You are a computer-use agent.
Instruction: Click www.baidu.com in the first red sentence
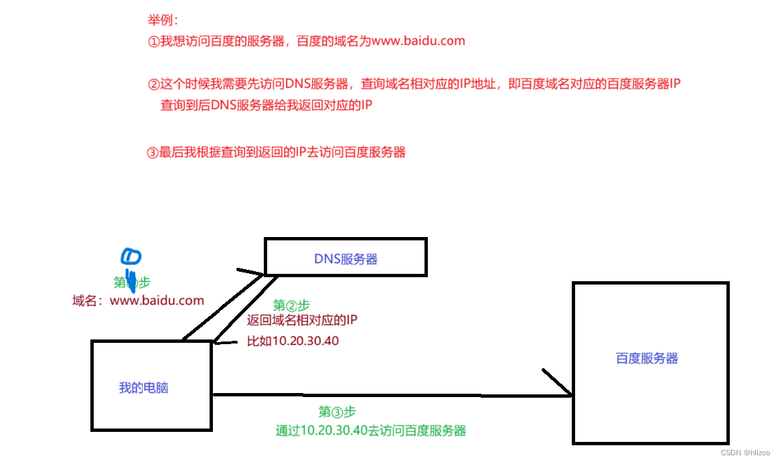pos(418,41)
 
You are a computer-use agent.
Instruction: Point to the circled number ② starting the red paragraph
pos(153,84)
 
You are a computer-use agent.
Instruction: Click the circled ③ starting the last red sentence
pos(152,152)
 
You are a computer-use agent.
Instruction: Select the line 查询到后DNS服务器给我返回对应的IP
pos(266,105)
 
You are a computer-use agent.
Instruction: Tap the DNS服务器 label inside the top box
pos(345,258)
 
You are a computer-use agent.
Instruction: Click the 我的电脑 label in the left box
pos(143,388)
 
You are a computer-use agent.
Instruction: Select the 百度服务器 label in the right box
pos(647,358)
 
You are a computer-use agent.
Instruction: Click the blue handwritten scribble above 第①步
pos(131,258)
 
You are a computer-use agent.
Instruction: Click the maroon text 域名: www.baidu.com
pos(138,301)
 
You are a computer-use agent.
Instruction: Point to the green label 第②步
pos(291,305)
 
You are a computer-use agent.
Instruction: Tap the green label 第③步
pos(337,412)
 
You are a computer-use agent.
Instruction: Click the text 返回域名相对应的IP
pos(302,320)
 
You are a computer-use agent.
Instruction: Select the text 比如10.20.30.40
pos(293,341)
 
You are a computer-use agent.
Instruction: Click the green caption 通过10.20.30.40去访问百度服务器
pos(370,431)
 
